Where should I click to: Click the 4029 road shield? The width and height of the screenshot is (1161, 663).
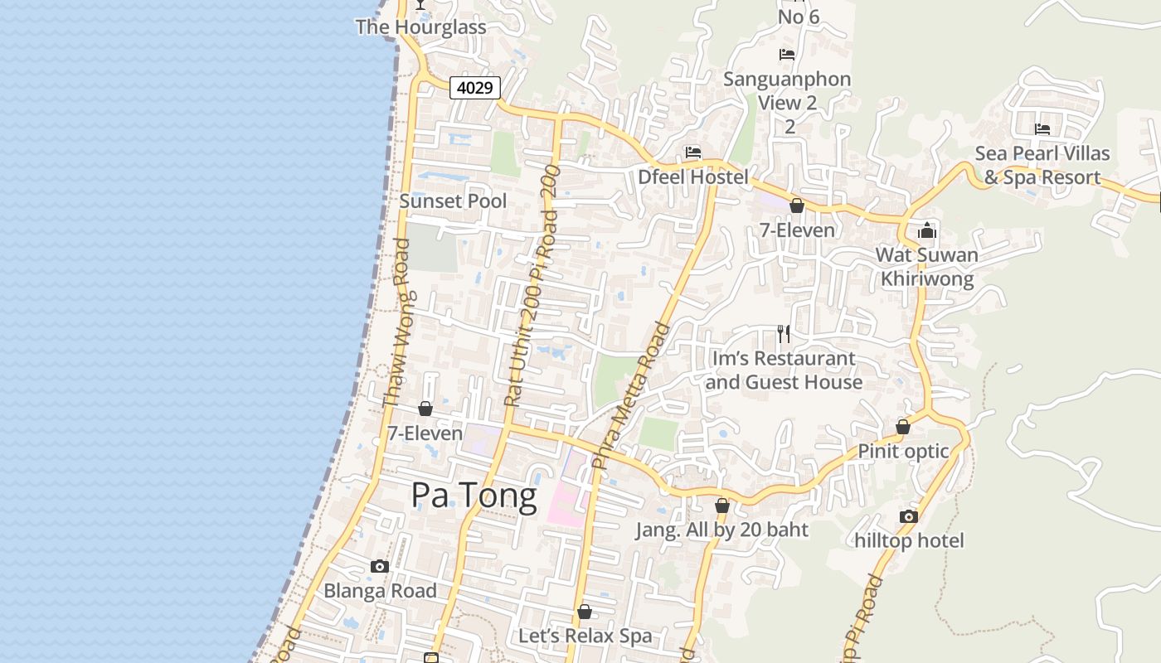475,87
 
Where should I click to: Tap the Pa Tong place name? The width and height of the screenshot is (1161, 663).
474,496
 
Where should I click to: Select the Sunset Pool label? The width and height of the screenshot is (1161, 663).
453,201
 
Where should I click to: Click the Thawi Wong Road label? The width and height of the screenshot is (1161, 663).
396,323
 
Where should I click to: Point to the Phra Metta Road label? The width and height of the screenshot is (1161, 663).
631,396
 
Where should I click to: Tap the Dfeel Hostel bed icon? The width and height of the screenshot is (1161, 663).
693,152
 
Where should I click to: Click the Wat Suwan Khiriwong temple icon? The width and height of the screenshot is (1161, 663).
927,230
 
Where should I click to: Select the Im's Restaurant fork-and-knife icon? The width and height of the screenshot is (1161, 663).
784,334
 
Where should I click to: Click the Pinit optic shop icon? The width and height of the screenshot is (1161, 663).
903,427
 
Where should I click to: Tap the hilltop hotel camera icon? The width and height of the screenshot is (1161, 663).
909,516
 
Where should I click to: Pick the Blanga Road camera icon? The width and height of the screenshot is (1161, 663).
380,567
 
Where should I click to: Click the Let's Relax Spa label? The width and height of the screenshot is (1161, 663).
585,636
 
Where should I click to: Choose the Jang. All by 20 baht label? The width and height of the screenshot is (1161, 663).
721,530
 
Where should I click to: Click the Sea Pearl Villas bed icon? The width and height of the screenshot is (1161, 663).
1042,128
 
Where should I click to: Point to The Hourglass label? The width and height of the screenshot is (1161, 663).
420,27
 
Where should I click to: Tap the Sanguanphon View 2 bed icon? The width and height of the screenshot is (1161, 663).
787,55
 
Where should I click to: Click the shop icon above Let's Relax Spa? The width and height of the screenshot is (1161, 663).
585,612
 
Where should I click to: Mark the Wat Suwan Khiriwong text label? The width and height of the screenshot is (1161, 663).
927,267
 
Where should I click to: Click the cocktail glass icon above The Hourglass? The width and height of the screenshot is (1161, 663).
420,4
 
